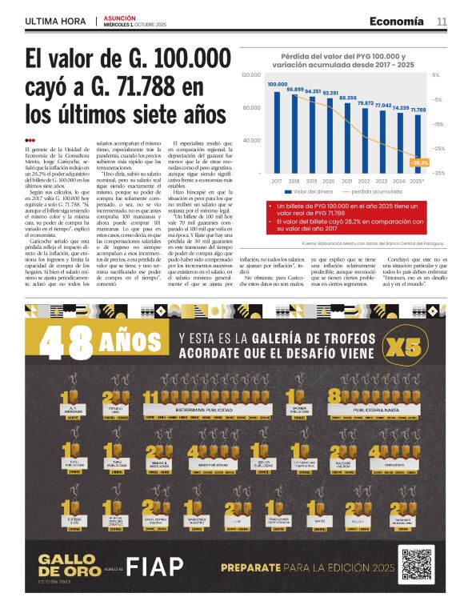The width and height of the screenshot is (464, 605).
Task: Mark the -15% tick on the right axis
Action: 439,124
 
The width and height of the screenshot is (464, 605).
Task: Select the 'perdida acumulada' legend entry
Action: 375,192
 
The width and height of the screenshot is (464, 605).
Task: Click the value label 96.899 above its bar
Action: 295,89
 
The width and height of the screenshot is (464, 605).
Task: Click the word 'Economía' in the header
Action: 397,22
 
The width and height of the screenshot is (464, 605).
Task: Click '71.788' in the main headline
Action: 163,87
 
